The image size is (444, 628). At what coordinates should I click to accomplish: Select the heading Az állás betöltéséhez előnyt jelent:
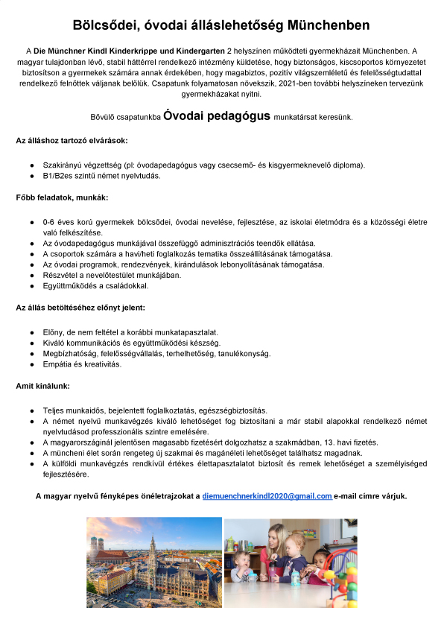tap(80, 307)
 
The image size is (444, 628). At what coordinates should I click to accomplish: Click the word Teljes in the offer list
tap(54, 410)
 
